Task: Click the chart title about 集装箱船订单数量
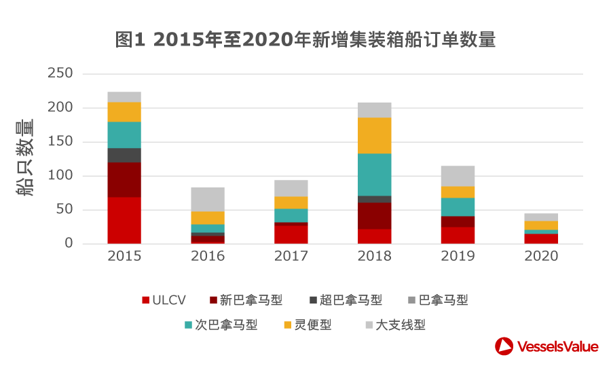click(305, 40)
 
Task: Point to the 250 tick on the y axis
click(60, 73)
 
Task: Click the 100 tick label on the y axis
click(60, 176)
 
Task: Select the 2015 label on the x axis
click(124, 257)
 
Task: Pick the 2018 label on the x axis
click(375, 257)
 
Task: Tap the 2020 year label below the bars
click(541, 257)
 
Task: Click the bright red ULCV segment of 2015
click(124, 220)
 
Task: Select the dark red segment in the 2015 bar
click(124, 179)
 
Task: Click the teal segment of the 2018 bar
click(375, 175)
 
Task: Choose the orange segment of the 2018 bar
click(375, 135)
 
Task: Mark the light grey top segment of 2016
click(208, 199)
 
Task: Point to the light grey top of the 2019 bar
click(458, 176)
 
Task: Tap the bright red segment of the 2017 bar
click(291, 234)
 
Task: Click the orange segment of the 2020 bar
click(541, 225)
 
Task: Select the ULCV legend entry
click(163, 300)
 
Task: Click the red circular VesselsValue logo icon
click(504, 346)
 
